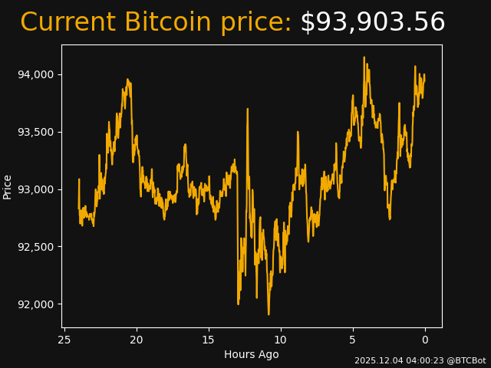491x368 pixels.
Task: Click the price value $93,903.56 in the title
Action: (372, 22)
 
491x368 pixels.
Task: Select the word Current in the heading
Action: (68, 22)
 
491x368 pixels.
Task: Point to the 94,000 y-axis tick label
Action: (37, 74)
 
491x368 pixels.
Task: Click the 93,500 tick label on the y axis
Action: (37, 132)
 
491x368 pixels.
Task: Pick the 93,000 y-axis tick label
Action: (37, 189)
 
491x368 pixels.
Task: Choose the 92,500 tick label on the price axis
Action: (37, 247)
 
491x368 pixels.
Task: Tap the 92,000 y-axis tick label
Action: (37, 304)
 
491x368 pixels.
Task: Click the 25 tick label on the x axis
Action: (64, 340)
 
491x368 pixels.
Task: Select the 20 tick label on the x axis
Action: (137, 340)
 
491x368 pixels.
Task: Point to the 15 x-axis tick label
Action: (208, 340)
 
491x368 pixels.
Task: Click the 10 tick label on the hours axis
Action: (280, 340)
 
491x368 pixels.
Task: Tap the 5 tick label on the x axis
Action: (353, 340)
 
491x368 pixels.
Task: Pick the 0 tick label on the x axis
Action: (425, 340)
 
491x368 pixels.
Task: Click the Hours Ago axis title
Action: (252, 354)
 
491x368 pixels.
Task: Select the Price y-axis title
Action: (8, 186)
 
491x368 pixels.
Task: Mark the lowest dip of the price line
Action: (269, 314)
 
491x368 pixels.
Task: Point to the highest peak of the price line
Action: (364, 57)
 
